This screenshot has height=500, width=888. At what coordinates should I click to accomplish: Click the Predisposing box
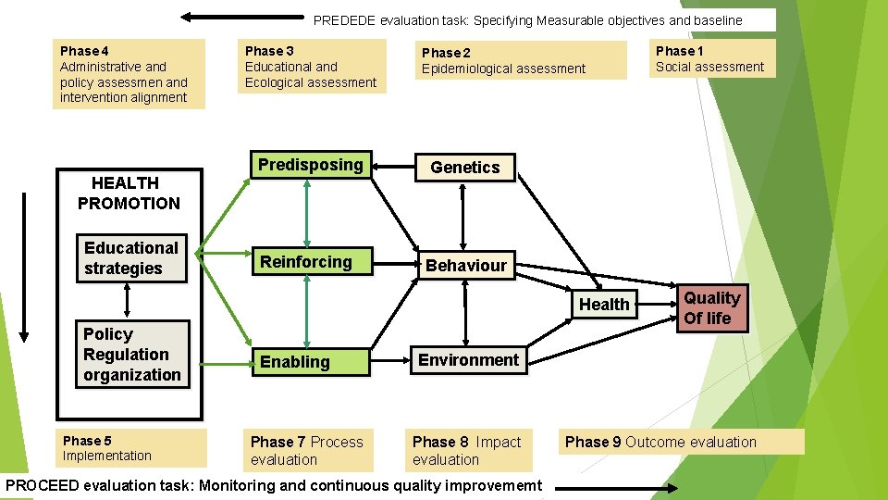click(x=311, y=165)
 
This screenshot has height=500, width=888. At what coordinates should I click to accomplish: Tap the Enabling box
click(x=312, y=361)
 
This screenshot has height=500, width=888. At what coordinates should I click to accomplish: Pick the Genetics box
click(x=464, y=168)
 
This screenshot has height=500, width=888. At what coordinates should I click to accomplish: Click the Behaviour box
click(x=466, y=266)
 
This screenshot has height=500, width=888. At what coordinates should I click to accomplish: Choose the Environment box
click(x=469, y=359)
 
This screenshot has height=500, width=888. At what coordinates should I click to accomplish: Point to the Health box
click(x=604, y=305)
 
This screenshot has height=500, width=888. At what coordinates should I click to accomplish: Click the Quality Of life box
click(x=710, y=308)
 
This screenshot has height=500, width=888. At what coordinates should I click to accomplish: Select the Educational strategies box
click(x=131, y=258)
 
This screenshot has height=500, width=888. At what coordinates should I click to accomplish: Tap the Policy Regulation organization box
click(x=132, y=354)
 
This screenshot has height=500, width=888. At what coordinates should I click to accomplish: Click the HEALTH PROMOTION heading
click(x=128, y=193)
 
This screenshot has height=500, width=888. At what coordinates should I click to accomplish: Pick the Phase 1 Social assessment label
click(x=709, y=58)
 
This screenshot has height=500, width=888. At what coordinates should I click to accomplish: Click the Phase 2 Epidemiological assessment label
click(x=503, y=61)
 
